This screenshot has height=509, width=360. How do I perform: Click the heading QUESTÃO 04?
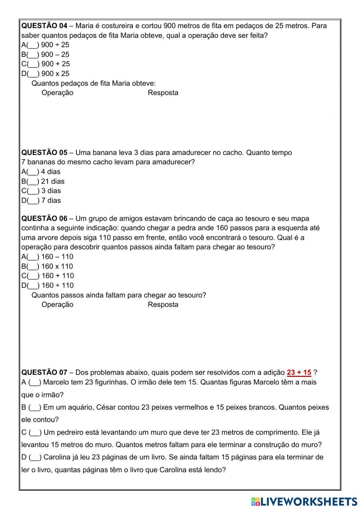point(44,26)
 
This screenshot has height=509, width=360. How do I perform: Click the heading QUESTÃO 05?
point(44,153)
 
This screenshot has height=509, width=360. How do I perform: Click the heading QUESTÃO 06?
point(44,219)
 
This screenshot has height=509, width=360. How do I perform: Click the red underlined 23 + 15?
point(299,373)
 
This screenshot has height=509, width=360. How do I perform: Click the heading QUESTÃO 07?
point(44,373)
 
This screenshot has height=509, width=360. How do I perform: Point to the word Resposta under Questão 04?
point(163,93)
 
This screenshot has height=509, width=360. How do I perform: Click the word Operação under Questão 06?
point(57,305)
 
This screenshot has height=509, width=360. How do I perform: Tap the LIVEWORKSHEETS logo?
point(304,501)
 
